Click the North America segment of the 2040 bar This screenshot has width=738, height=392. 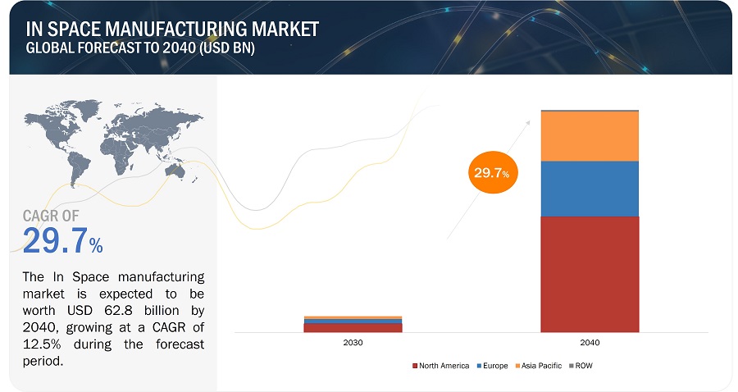[590, 273]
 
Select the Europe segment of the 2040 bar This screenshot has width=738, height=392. [590, 189]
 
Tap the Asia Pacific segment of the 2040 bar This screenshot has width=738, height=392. [590, 136]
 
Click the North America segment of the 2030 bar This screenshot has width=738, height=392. [353, 327]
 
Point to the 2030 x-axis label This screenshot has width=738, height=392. [353, 342]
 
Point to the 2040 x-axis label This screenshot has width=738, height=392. [590, 342]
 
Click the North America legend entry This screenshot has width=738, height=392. [444, 366]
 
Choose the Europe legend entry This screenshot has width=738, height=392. [494, 366]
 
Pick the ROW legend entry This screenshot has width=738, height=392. [582, 366]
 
